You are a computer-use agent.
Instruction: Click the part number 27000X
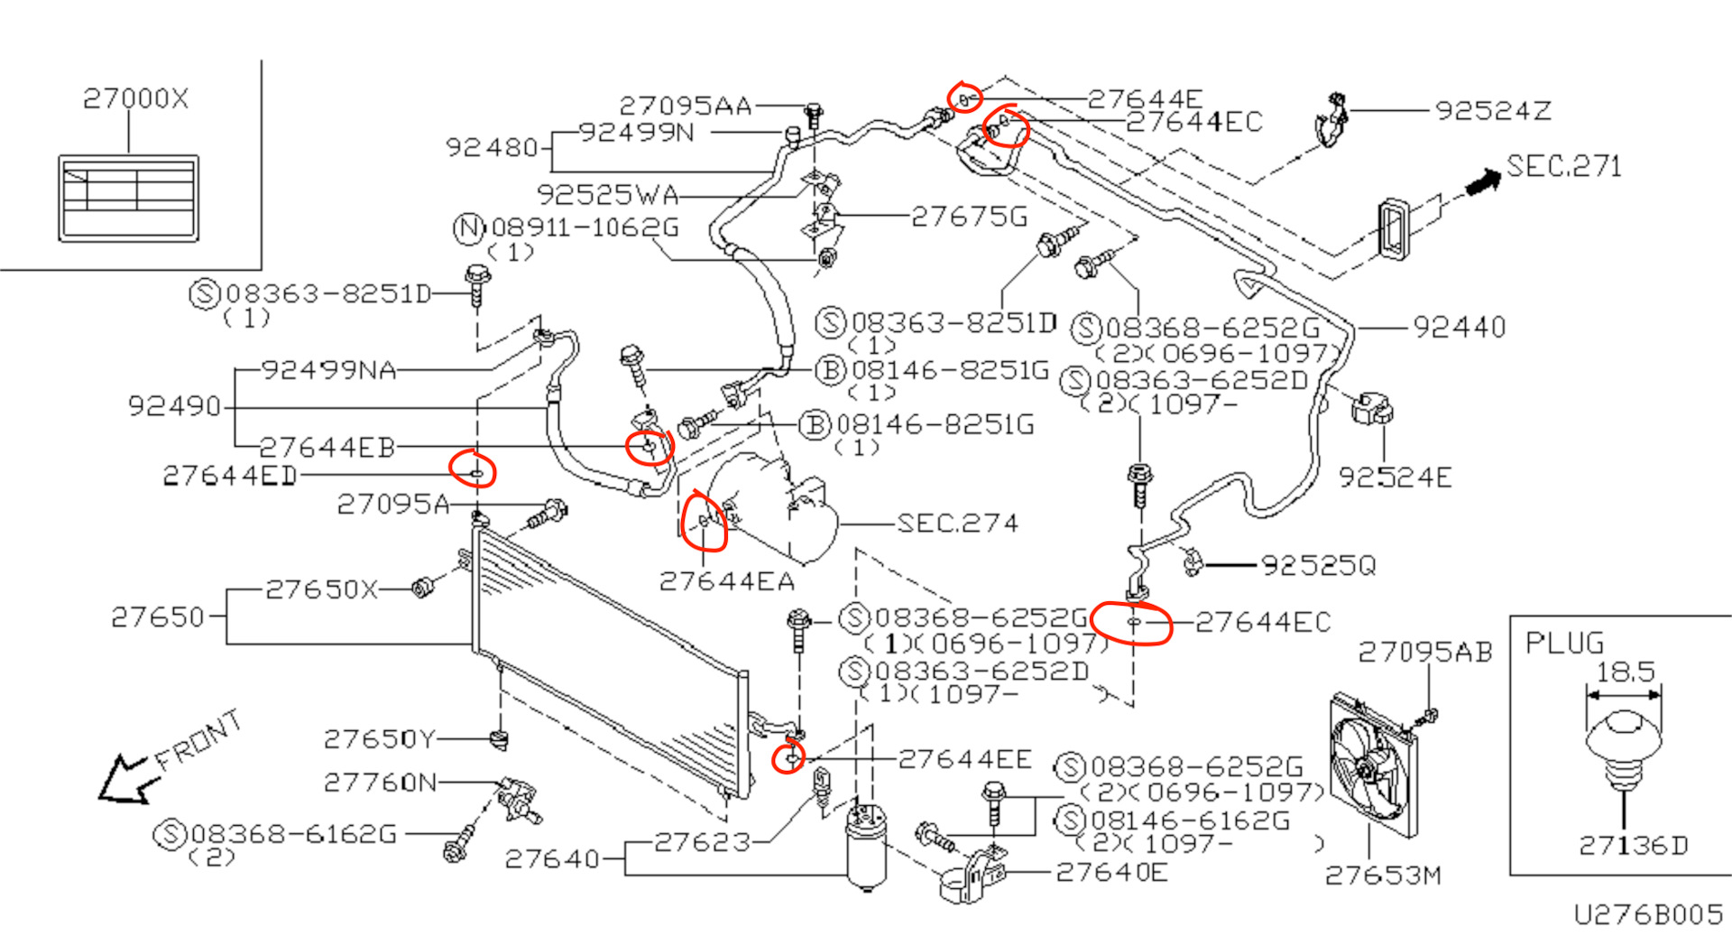pyautogui.click(x=135, y=98)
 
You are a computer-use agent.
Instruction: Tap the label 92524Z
pyautogui.click(x=1493, y=111)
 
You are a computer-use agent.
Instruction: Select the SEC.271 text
pyautogui.click(x=1563, y=166)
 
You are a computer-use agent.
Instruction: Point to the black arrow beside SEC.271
pyautogui.click(x=1482, y=182)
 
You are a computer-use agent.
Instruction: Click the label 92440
pyautogui.click(x=1459, y=327)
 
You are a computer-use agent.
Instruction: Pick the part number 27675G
pyautogui.click(x=969, y=217)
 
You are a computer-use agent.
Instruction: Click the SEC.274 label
pyautogui.click(x=957, y=524)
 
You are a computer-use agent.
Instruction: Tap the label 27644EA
pyautogui.click(x=727, y=581)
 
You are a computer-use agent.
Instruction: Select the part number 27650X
pyautogui.click(x=321, y=589)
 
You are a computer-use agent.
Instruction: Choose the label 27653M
pyautogui.click(x=1382, y=875)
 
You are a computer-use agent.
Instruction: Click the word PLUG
pyautogui.click(x=1564, y=644)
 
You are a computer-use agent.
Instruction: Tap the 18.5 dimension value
pyautogui.click(x=1625, y=672)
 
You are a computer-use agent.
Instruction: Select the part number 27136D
pyautogui.click(x=1633, y=846)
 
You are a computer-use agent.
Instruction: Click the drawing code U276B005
pyautogui.click(x=1648, y=915)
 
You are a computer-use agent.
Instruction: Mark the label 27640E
pyautogui.click(x=1111, y=872)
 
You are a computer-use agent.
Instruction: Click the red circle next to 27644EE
pyautogui.click(x=789, y=757)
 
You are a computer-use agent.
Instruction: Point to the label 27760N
pyautogui.click(x=380, y=782)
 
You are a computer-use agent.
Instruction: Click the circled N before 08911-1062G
pyautogui.click(x=468, y=227)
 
